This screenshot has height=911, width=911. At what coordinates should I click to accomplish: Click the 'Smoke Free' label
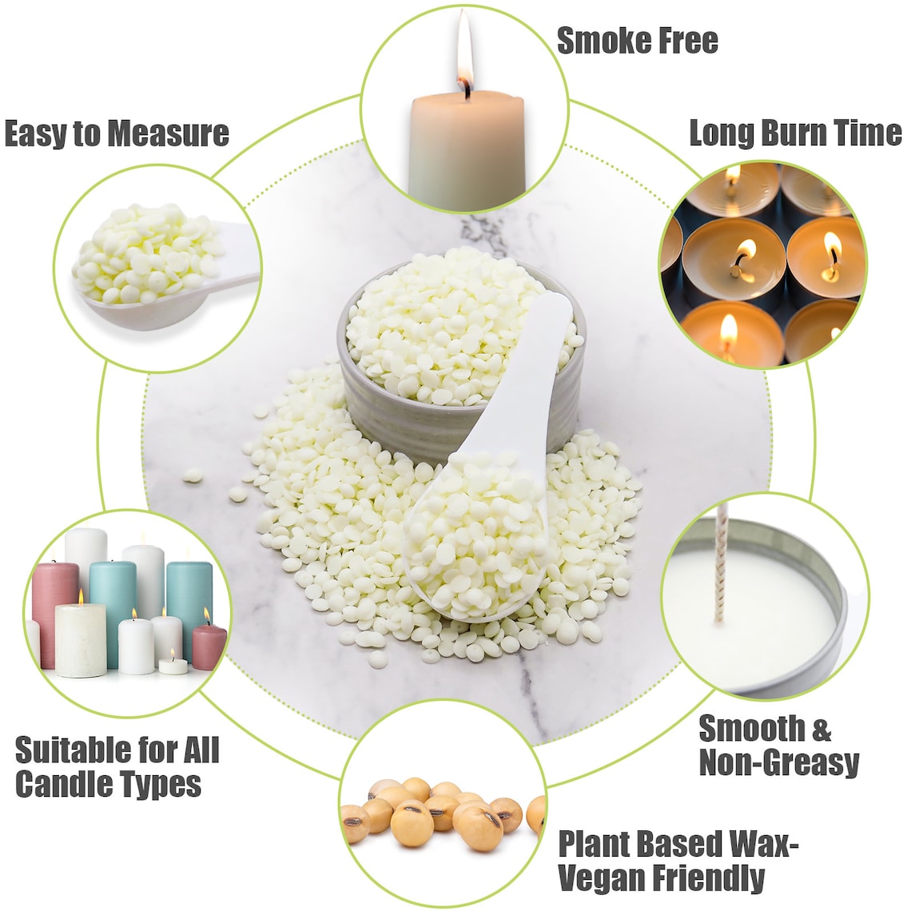637,41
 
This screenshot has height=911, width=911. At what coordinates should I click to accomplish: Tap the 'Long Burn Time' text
794,133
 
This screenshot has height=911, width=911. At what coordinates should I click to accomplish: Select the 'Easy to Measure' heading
117,133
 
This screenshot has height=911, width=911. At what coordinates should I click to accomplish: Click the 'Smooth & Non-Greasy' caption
778,745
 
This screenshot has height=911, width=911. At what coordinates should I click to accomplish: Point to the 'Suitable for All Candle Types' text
117,767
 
